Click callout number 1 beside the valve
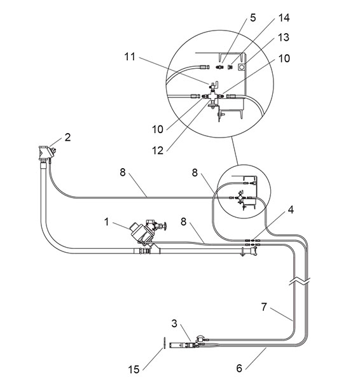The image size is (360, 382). point(106,222)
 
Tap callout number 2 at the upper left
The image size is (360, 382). point(67,138)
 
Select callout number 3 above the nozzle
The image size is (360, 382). point(174,323)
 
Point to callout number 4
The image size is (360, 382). point(291,209)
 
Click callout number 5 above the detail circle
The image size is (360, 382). point(253,18)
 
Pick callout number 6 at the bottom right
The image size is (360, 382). point(239,368)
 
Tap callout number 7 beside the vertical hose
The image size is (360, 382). point(264,307)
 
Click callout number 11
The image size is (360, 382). point(130,57)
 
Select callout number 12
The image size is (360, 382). point(158,151)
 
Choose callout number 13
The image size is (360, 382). point(284,38)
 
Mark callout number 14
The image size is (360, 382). point(284,18)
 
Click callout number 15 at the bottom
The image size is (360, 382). point(134,369)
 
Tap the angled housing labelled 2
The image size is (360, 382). point(47,153)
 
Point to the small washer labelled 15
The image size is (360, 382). point(164,343)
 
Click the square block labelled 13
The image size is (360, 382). point(242,66)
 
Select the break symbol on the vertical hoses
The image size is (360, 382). point(300,281)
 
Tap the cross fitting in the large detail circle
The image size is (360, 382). point(212,96)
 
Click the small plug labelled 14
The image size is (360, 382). point(230,67)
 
